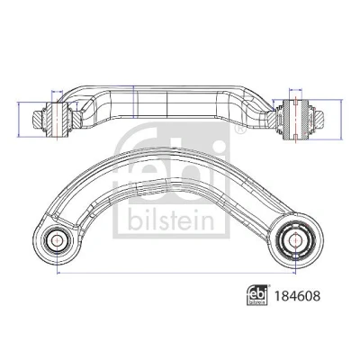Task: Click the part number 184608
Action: point(297,296)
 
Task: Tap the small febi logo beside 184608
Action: point(257,295)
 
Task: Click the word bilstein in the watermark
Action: point(172,220)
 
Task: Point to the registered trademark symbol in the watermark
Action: point(240,129)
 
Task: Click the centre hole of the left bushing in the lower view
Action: point(57,239)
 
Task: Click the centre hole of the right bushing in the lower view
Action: point(295,240)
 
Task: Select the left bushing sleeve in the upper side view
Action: point(57,119)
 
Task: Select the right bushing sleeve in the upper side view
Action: point(295,120)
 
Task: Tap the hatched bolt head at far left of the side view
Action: point(37,120)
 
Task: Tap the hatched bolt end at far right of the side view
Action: point(319,120)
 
